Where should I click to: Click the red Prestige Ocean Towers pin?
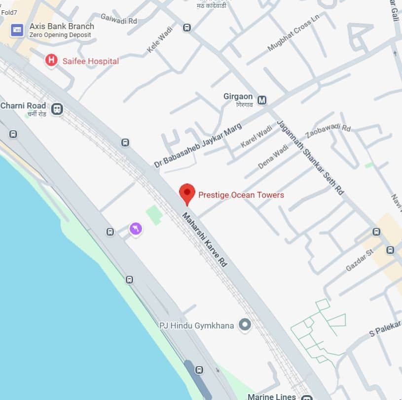tap(187, 193)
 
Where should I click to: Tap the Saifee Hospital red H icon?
tap(51, 61)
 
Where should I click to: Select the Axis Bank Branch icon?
tap(17, 30)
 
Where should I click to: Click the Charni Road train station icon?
tap(57, 109)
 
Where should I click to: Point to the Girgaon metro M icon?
tap(262, 100)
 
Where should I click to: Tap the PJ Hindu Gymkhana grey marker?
tap(244, 325)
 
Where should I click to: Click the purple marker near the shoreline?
tap(136, 229)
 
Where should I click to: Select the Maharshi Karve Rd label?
tap(205, 240)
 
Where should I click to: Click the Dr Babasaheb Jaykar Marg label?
tap(198, 146)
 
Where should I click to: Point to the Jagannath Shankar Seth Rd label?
tap(310, 157)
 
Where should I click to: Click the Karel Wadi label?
tap(256, 137)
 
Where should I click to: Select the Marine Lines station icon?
tap(307, 397)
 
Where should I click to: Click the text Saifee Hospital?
tap(90, 61)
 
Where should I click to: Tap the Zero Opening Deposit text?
tap(60, 35)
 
